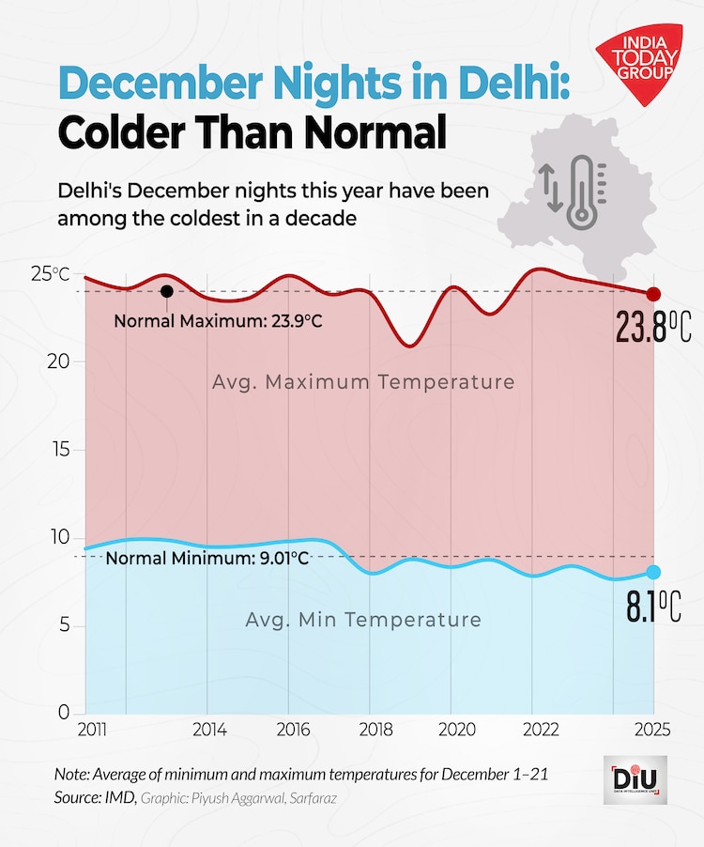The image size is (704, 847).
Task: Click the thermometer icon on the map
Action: click(x=582, y=192)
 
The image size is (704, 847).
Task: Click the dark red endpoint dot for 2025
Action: click(x=654, y=294)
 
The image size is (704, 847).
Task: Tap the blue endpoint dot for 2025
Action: click(x=654, y=573)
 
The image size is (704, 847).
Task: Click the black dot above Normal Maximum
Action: click(x=166, y=291)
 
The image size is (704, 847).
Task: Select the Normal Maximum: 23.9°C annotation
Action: click(x=218, y=321)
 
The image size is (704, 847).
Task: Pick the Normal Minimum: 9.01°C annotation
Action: click(x=207, y=558)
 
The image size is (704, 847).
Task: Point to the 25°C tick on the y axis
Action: click(x=50, y=273)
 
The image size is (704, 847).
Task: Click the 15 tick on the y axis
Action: click(x=59, y=450)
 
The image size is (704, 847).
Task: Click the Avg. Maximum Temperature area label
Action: click(x=362, y=382)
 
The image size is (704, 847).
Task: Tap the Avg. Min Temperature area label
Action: click(x=362, y=620)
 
